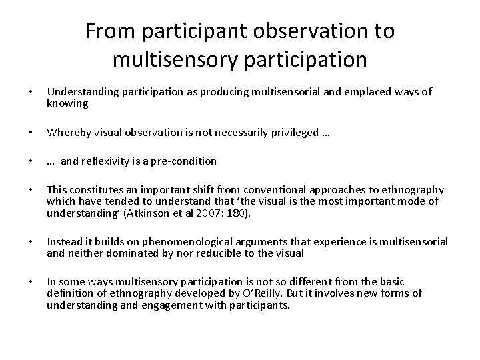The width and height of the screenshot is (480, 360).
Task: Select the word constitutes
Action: pos(92,190)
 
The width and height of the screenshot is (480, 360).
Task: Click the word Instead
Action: pos(63,241)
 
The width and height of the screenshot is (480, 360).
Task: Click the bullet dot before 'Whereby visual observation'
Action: pos(27,133)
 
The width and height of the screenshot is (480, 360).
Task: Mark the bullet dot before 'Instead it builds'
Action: pos(27,241)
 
